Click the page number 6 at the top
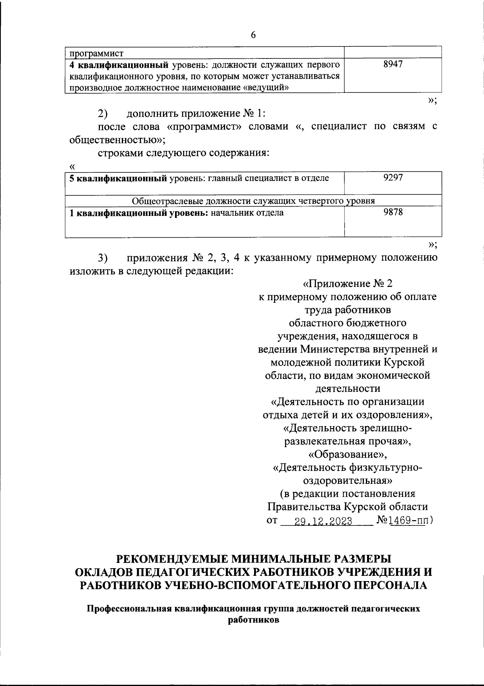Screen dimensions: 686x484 (253, 35)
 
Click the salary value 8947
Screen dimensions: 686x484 (393, 65)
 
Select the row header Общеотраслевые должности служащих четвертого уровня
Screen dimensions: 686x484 (254, 201)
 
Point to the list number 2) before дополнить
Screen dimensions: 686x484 (102, 113)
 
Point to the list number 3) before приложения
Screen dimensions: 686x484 (102, 258)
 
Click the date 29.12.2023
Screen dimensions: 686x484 (323, 521)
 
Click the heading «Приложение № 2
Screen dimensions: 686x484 (347, 284)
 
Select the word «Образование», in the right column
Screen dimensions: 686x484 (347, 455)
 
